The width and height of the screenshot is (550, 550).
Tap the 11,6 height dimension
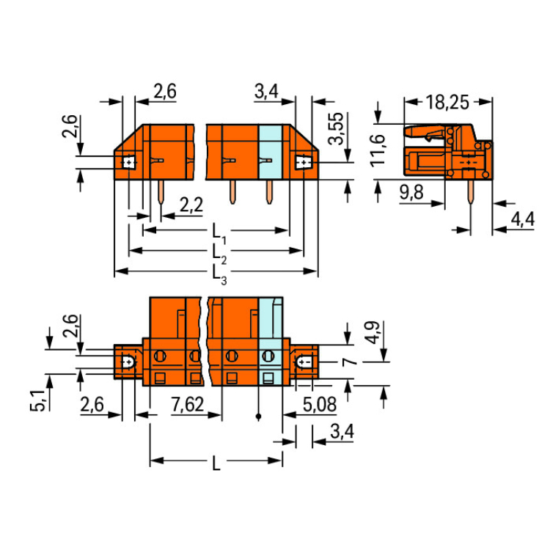378,150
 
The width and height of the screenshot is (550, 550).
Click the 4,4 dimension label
522,218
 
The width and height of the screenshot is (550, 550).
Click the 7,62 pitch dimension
187,405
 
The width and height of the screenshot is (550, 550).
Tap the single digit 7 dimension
350,361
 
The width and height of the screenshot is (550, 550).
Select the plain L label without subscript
216,463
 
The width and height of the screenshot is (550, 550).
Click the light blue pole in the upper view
270,152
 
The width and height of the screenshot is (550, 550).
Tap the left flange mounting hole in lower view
129,362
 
